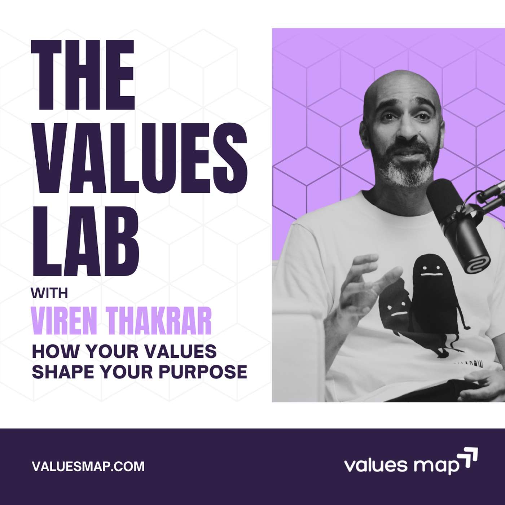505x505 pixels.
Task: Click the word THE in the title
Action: point(83,76)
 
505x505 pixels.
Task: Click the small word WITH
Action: point(49,293)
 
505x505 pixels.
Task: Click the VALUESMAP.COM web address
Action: point(88,466)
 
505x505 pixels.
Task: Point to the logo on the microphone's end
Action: point(477,264)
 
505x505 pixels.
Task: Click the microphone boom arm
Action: point(492,191)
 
